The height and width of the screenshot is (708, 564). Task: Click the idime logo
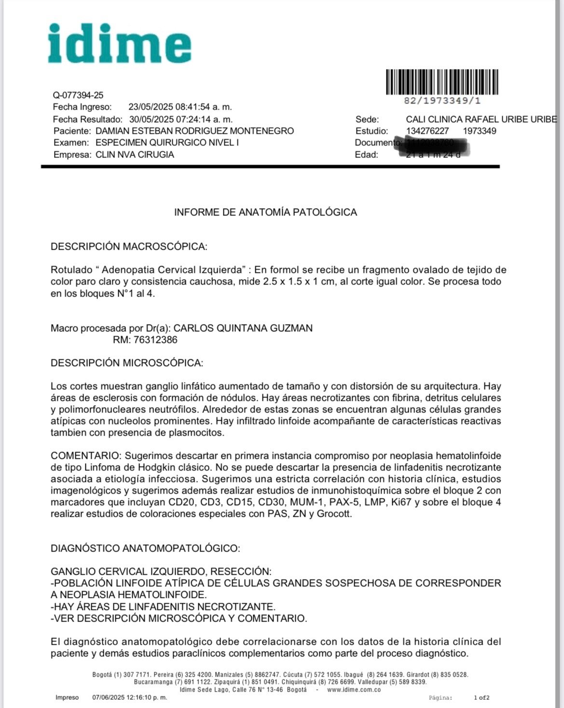point(119,43)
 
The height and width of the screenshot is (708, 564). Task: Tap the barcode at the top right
point(442,82)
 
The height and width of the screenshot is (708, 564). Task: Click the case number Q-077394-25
point(78,95)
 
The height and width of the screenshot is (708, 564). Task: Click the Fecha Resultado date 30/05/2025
point(151,119)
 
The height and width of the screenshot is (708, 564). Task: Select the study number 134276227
point(427,131)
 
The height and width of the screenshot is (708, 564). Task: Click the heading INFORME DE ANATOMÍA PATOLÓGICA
point(265,212)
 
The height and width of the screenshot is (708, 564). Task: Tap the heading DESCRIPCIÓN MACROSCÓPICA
point(129,246)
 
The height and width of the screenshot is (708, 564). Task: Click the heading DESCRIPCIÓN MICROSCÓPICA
point(127,363)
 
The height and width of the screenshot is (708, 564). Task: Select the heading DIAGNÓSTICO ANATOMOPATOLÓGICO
point(145,548)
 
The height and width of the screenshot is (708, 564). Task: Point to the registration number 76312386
point(155,340)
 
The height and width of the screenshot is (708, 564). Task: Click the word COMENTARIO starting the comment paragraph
point(85,455)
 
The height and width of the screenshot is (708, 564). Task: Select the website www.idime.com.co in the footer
point(354,690)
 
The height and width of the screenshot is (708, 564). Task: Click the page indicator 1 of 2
point(481,697)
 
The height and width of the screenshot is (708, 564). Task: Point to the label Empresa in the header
point(72,155)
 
